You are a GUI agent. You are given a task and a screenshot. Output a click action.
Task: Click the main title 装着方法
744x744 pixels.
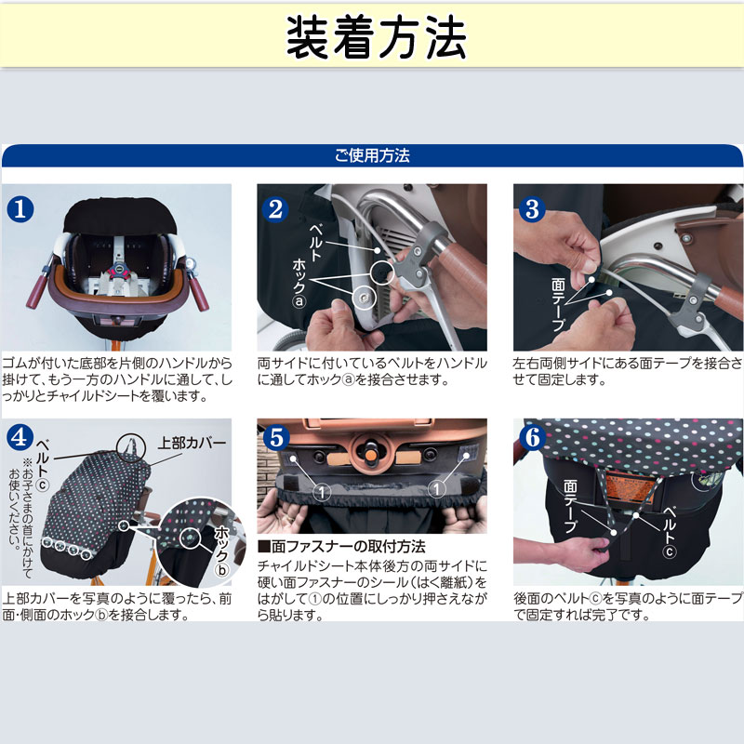click(x=377, y=37)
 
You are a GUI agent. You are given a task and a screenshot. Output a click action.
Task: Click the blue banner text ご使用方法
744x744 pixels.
click(x=372, y=155)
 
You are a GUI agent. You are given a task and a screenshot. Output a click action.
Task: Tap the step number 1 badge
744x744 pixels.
click(x=20, y=208)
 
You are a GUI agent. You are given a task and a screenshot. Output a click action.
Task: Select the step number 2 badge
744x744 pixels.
click(x=275, y=209)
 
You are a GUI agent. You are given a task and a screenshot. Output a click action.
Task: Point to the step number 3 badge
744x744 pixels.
click(x=532, y=209)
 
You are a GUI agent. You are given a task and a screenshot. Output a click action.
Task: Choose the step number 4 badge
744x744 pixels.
click(x=20, y=437)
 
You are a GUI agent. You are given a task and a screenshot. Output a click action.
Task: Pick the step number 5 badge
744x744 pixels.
click(x=276, y=437)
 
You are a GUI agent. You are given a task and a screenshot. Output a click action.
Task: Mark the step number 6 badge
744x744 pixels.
click(x=532, y=437)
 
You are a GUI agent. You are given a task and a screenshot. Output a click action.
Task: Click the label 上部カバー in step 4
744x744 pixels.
click(x=192, y=443)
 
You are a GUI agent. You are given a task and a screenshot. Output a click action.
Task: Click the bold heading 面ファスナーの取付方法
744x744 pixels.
click(x=341, y=547)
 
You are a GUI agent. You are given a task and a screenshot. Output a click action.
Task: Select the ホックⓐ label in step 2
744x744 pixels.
click(x=299, y=284)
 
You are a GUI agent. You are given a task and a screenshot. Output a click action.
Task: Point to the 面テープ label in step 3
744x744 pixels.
click(x=559, y=305)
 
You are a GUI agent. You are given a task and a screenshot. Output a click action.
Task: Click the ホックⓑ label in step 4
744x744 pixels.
click(x=221, y=551)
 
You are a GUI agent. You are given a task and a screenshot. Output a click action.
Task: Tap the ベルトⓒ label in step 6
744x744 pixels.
click(x=670, y=532)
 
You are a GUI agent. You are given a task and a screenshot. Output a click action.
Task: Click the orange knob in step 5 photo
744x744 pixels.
click(x=370, y=455)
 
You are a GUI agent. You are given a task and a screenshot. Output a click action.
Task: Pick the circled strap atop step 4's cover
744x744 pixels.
click(x=131, y=448)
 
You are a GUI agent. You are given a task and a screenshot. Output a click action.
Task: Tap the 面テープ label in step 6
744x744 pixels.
click(x=570, y=506)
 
